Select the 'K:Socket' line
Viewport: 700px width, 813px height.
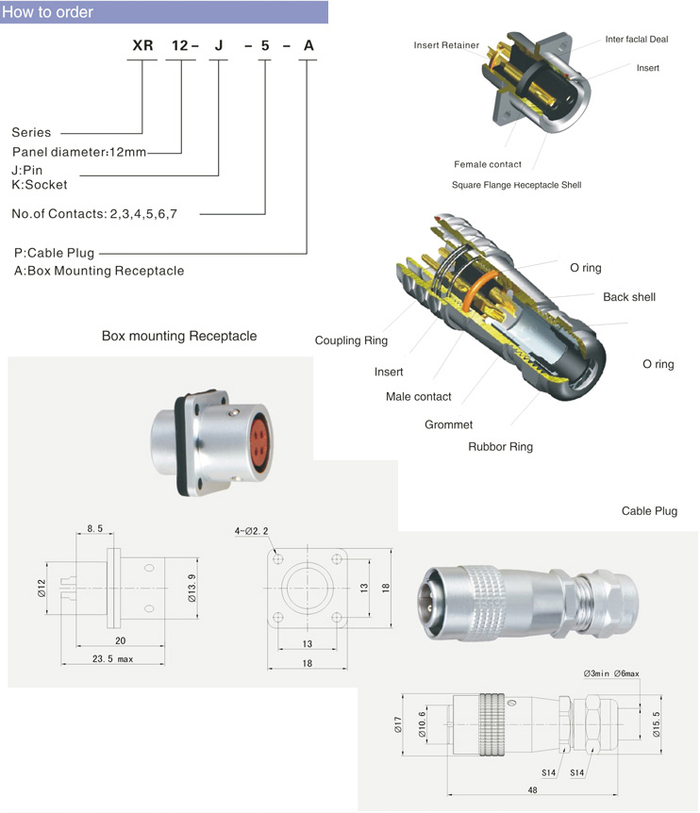tap(40, 185)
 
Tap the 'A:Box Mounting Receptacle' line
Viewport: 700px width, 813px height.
tap(99, 271)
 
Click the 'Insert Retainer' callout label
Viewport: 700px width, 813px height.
tap(446, 45)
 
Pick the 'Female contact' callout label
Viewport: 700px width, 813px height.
tap(488, 164)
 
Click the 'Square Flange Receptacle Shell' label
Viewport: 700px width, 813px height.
tap(517, 185)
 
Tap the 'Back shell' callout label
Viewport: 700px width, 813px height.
tap(629, 297)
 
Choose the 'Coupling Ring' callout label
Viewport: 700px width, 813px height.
tap(351, 340)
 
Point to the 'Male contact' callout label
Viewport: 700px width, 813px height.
tap(419, 396)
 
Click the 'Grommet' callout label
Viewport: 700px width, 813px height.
tap(448, 424)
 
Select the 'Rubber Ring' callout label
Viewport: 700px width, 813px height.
tap(500, 446)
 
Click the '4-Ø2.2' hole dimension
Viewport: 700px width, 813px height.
tap(252, 531)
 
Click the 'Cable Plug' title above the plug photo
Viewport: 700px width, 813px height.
tap(649, 511)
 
